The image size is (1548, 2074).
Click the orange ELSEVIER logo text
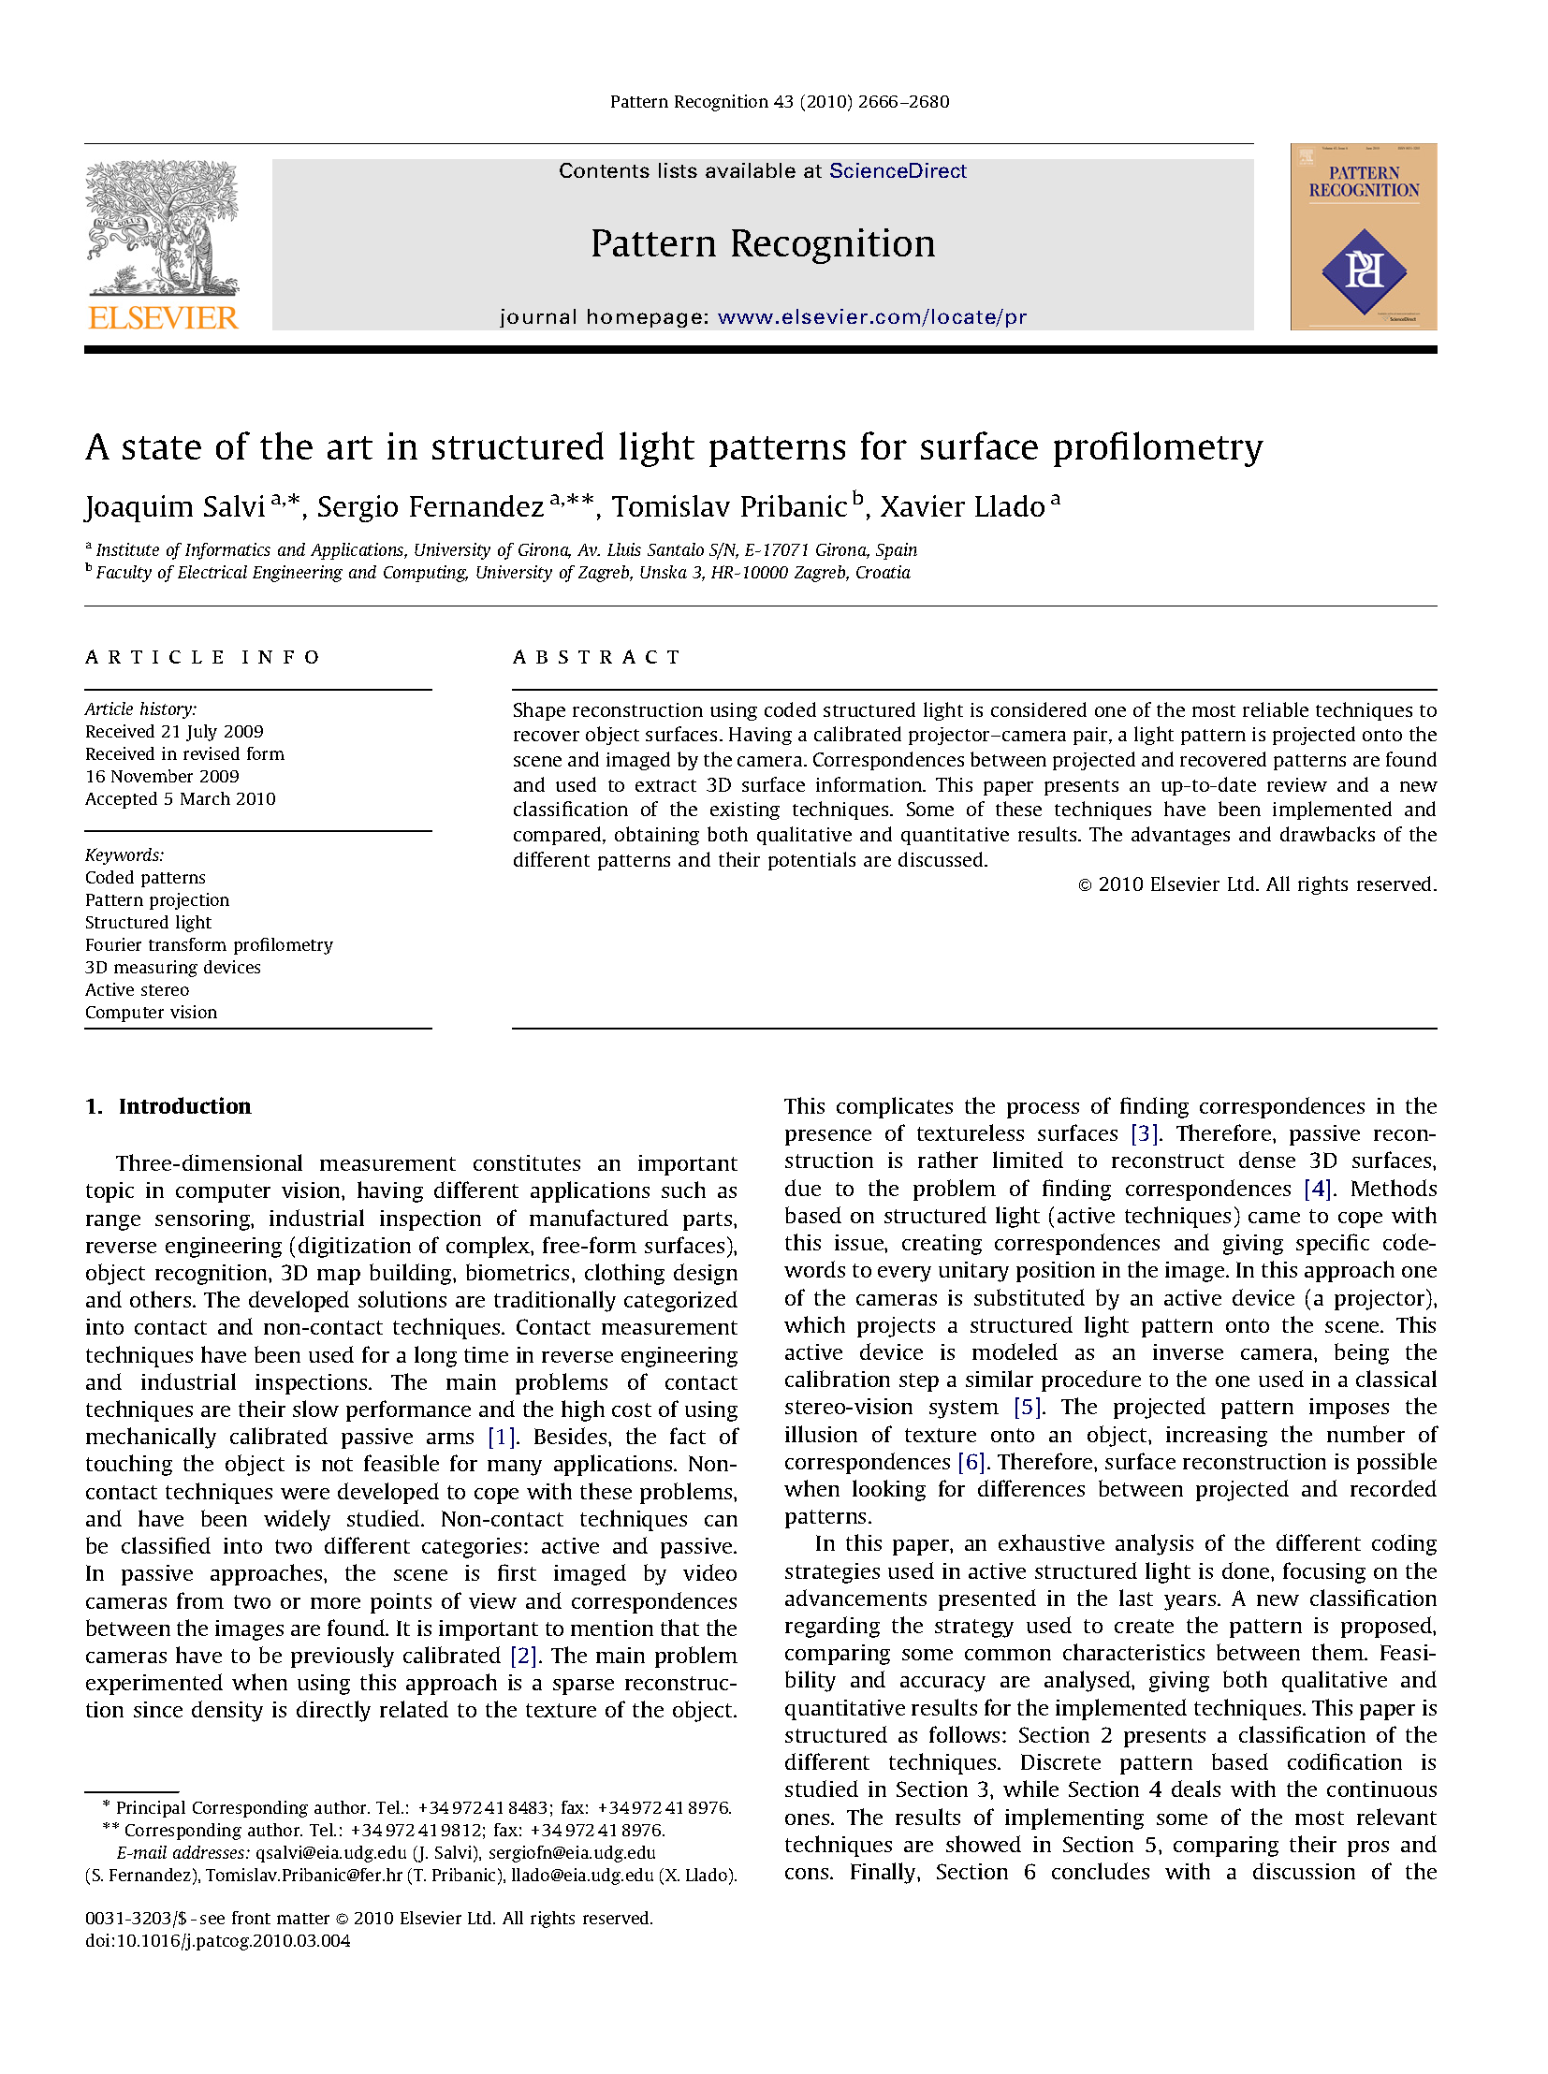point(163,317)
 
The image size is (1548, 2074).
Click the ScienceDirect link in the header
point(897,170)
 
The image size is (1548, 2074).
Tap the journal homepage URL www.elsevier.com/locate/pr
point(871,316)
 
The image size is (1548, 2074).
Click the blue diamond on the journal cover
point(1364,270)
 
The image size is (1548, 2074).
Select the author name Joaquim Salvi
point(175,507)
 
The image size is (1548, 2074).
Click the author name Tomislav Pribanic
point(729,507)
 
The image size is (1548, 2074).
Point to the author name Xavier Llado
point(962,507)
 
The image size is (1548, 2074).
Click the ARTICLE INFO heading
point(202,657)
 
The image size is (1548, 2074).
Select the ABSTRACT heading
point(596,657)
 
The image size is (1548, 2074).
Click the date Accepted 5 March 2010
point(180,798)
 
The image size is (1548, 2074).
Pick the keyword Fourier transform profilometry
point(209,944)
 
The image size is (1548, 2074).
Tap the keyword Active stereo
point(137,989)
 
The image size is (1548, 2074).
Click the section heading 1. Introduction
point(168,1106)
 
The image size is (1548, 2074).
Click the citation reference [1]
point(502,1437)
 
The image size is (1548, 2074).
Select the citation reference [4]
point(1318,1189)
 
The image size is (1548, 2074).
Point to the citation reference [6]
point(971,1462)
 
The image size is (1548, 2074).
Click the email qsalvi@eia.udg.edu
point(330,1853)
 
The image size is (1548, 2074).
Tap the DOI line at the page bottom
point(217,1941)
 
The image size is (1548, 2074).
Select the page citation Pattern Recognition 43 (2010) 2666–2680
point(779,101)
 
